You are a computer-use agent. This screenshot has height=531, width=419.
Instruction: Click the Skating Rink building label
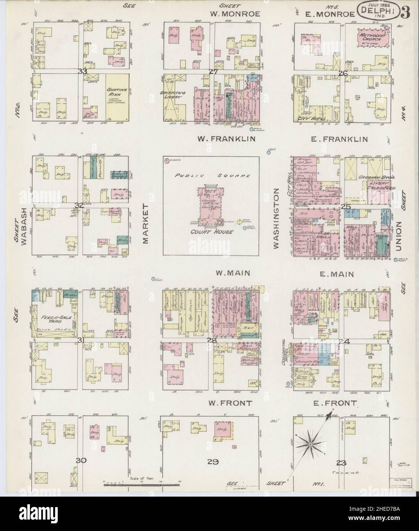[x=117, y=93]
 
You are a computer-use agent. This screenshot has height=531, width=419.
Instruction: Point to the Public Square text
[x=211, y=176]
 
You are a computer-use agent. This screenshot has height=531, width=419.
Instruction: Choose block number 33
[x=82, y=71]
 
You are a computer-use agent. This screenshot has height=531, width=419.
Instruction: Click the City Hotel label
[x=306, y=119]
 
